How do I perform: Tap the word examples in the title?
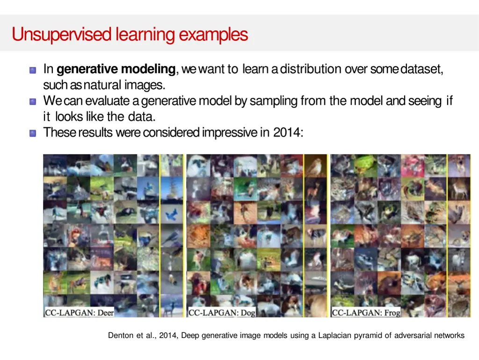pyautogui.click(x=213, y=35)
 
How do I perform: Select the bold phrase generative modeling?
pyautogui.click(x=116, y=69)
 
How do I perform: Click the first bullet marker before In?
pyautogui.click(x=33, y=70)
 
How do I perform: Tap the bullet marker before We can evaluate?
pyautogui.click(x=33, y=102)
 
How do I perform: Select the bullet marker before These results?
pyautogui.click(x=33, y=133)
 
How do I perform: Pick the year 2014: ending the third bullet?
pyautogui.click(x=288, y=133)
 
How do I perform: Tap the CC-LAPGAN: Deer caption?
pyautogui.click(x=80, y=312)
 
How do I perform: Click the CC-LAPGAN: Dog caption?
pyautogui.click(x=222, y=312)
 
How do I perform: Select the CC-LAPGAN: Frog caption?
pyautogui.click(x=366, y=312)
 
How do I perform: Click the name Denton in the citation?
pyautogui.click(x=120, y=335)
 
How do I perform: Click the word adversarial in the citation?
pyautogui.click(x=412, y=335)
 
